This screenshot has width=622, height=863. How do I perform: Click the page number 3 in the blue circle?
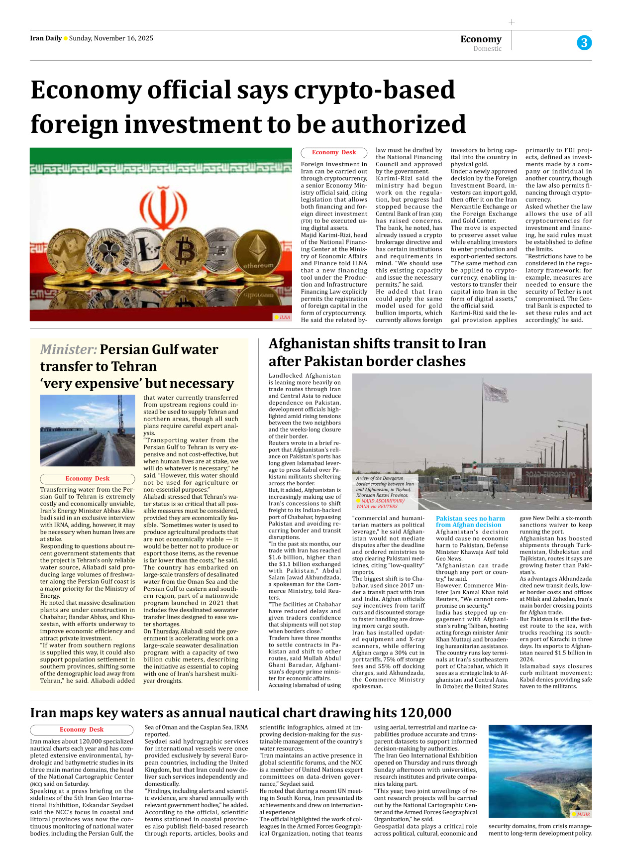pyautogui.click(x=584, y=43)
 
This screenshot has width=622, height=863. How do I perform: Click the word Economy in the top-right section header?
pyautogui.click(x=481, y=39)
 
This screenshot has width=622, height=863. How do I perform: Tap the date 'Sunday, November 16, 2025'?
pyautogui.click(x=111, y=38)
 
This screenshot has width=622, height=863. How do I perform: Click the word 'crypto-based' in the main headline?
pyautogui.click(x=374, y=90)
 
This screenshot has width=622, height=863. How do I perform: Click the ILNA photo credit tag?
pyautogui.click(x=282, y=317)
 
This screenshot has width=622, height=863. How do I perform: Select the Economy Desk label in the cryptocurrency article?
pyautogui.click(x=334, y=153)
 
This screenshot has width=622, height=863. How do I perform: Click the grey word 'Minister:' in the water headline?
pyautogui.click(x=69, y=350)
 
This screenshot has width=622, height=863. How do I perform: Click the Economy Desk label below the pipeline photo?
pyautogui.click(x=87, y=479)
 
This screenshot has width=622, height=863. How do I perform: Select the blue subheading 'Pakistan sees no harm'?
pyautogui.click(x=470, y=519)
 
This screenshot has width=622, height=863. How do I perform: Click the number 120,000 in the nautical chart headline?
pyautogui.click(x=425, y=713)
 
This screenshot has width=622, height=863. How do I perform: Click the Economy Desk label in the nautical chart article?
pyautogui.click(x=82, y=730)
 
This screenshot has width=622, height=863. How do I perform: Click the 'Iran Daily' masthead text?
pyautogui.click(x=46, y=38)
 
